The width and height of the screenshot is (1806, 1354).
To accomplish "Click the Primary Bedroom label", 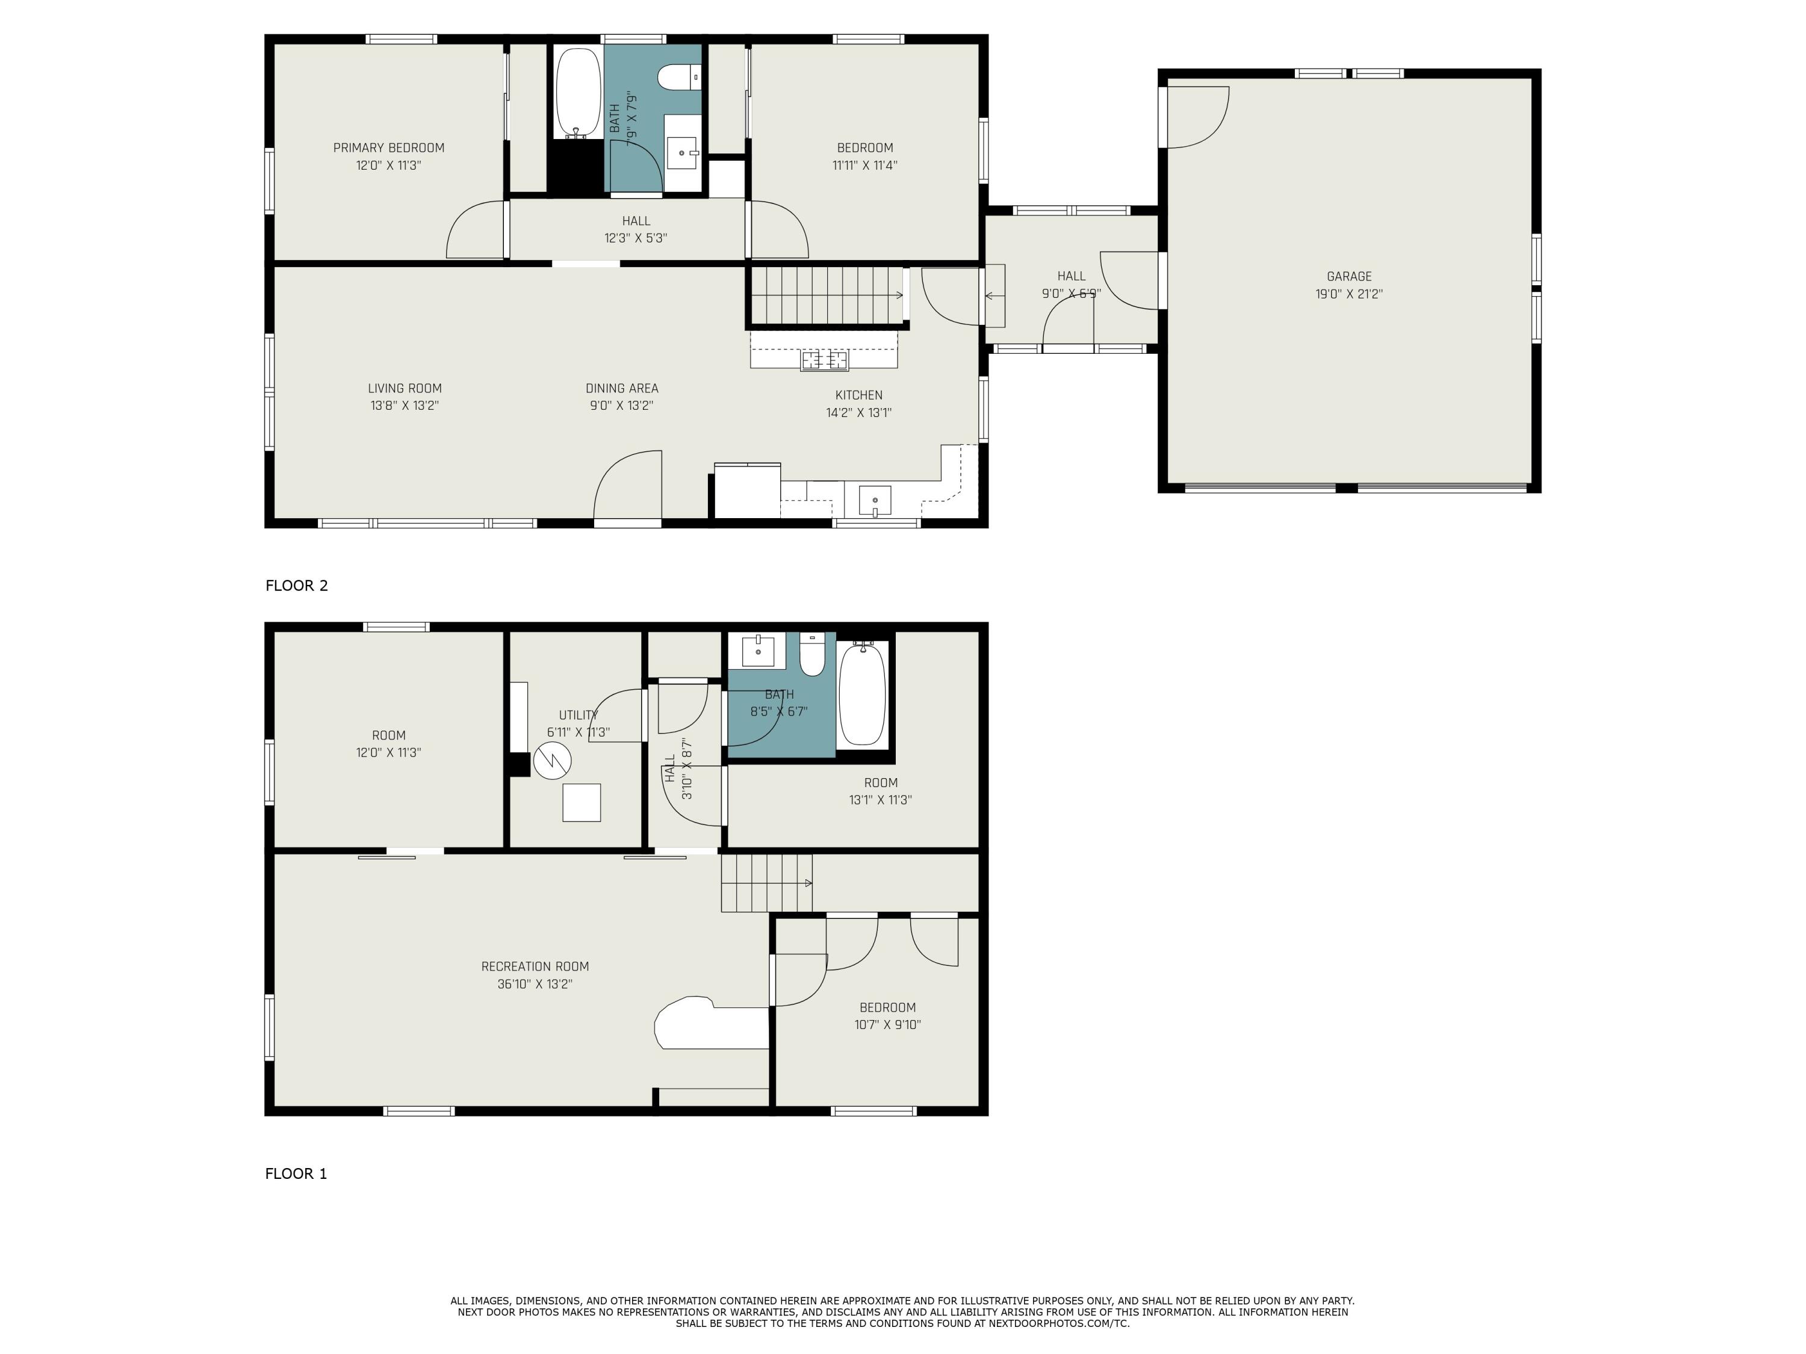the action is (389, 147).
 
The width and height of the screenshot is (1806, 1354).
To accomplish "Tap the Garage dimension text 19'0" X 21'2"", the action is (1349, 294).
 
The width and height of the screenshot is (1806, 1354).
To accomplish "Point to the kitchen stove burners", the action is (825, 359).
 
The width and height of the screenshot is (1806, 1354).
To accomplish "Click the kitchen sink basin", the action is (875, 500).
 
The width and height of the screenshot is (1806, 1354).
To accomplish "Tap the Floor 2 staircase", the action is (827, 295).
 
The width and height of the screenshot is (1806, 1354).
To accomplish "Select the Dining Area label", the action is (621, 389).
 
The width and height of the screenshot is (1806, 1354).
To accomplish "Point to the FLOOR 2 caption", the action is (296, 585).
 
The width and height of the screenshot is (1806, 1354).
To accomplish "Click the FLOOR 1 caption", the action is (296, 1173).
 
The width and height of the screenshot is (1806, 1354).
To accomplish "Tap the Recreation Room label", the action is (535, 966).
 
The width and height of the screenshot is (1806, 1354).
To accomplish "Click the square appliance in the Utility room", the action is (582, 802).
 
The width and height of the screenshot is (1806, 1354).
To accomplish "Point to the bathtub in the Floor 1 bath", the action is (862, 693).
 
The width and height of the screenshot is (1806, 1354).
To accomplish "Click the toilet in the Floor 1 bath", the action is (812, 655).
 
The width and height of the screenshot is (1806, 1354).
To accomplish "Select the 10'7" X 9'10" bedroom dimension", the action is (887, 1025).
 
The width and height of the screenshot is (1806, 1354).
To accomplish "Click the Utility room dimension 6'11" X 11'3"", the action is (578, 733).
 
